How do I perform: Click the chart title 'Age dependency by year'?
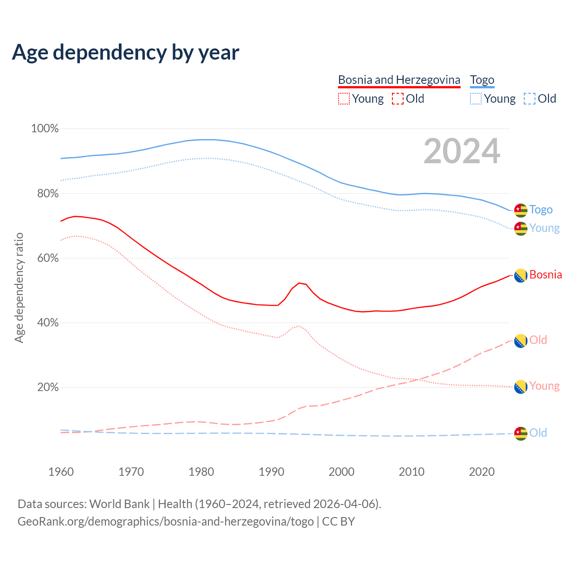pyautogui.click(x=126, y=52)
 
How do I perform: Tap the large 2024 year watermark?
pyautogui.click(x=461, y=152)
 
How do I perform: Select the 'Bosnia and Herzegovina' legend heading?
pyautogui.click(x=399, y=80)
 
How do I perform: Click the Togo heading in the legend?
pyautogui.click(x=482, y=80)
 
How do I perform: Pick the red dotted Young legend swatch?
pyautogui.click(x=344, y=99)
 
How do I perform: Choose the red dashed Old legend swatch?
pyautogui.click(x=397, y=99)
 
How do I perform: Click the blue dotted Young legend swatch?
pyautogui.click(x=476, y=99)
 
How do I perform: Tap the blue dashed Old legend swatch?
pyautogui.click(x=529, y=99)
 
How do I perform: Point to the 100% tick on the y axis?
pyautogui.click(x=45, y=129)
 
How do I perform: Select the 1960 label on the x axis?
pyautogui.click(x=61, y=472)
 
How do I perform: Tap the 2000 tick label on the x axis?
pyautogui.click(x=341, y=472)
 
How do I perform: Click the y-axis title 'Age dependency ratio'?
pyautogui.click(x=19, y=287)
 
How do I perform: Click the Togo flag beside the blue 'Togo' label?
pyautogui.click(x=520, y=210)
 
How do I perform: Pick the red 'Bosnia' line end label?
pyautogui.click(x=545, y=274)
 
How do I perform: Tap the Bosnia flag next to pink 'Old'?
pyautogui.click(x=520, y=341)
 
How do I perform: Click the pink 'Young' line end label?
pyautogui.click(x=544, y=386)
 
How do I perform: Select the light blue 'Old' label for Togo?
pyautogui.click(x=538, y=433)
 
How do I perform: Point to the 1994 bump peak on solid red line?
pyautogui.click(x=299, y=283)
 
